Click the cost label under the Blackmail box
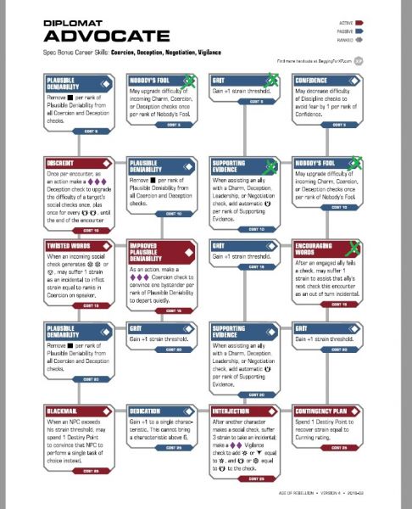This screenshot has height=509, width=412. (91, 470)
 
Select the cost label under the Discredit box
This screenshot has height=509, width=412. (91, 229)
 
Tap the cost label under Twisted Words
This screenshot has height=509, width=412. (91, 305)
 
